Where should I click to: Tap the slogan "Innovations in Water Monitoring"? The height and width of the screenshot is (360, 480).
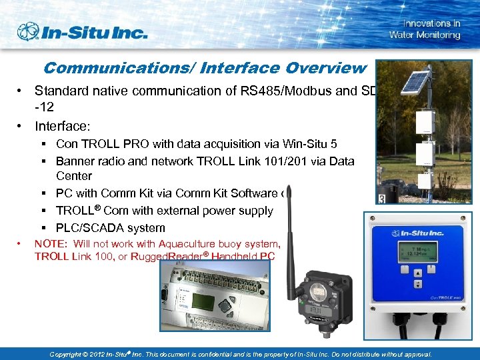point(425,29)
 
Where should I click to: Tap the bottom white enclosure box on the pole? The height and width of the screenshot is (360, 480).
point(425,181)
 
